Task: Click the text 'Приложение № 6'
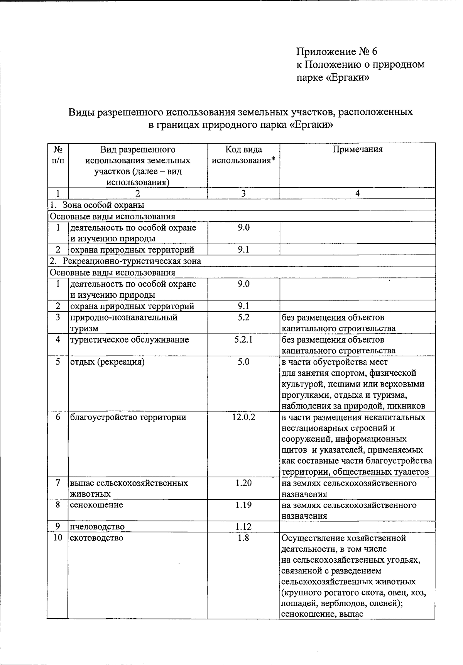tap(336, 51)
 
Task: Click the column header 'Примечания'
tap(357, 150)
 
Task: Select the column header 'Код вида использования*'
tap(243, 155)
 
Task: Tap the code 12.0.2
tap(243, 417)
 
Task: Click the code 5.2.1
tap(243, 340)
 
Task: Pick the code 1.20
tap(243, 483)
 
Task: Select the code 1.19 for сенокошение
tap(243, 505)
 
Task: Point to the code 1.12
tap(243, 526)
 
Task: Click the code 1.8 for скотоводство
tap(243, 538)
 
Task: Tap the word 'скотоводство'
tap(96, 538)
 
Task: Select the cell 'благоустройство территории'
tap(128, 417)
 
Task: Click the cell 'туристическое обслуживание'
tap(129, 340)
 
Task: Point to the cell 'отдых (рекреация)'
tap(107, 362)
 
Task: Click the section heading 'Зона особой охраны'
tap(103, 205)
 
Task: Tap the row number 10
tap(57, 538)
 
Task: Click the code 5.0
tap(243, 362)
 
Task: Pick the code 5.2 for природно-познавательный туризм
tap(243, 317)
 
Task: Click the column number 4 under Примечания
tap(357, 193)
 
